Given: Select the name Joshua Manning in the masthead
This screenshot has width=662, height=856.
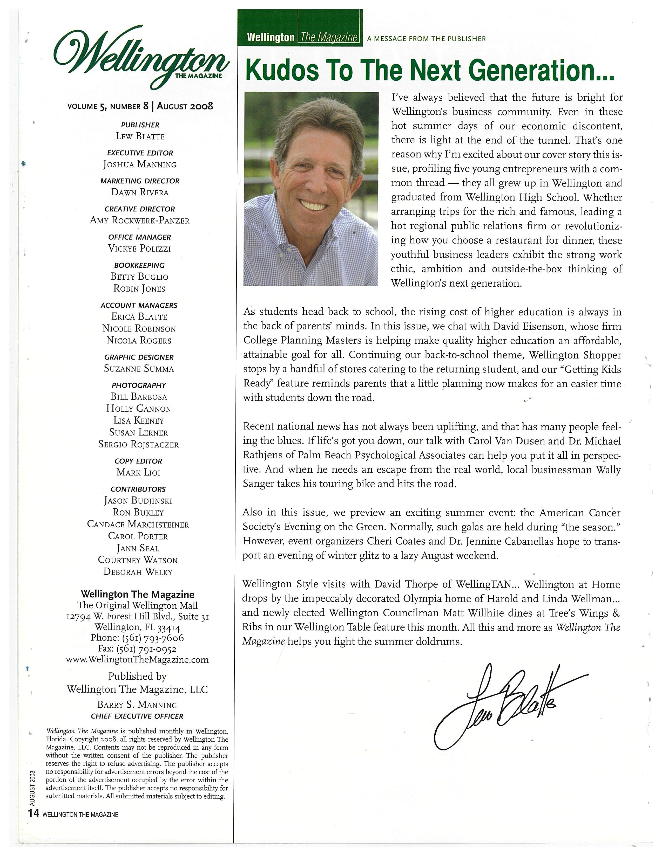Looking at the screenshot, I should click(x=140, y=164).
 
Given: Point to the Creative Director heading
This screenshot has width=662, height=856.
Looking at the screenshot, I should click(x=140, y=209).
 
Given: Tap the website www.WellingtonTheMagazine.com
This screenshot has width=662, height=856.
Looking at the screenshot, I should click(x=137, y=660).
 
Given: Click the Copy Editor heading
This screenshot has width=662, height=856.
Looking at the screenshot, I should click(x=138, y=461).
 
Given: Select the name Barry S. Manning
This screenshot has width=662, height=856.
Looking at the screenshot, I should click(x=137, y=705).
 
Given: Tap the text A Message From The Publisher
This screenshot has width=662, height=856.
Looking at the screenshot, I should click(x=426, y=39).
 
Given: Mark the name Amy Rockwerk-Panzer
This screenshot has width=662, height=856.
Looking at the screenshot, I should click(x=140, y=220).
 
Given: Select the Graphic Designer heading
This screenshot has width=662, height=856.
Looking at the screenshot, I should click(x=139, y=357).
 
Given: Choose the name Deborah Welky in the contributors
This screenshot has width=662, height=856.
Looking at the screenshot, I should click(x=138, y=572).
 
